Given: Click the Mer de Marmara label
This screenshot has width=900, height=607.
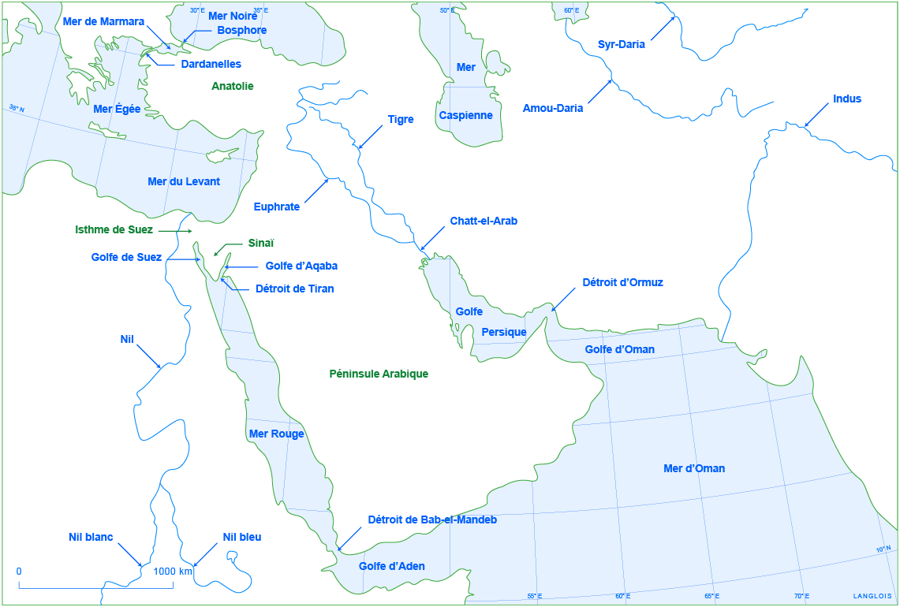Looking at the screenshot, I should click(x=103, y=21).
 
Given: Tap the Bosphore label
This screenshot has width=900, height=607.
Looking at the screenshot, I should click(x=241, y=30).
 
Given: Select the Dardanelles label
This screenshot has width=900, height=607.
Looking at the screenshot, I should click(x=211, y=64).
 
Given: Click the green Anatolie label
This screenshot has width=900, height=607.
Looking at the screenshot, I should click(x=233, y=86).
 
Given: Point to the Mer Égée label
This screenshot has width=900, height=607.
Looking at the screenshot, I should click(x=117, y=109).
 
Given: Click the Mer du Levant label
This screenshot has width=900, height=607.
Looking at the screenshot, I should click(x=184, y=181).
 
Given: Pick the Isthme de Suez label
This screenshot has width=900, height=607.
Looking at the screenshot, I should click(x=114, y=230).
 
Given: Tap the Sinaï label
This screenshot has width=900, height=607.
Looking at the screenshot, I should click(x=261, y=244).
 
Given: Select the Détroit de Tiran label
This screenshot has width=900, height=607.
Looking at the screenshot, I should click(x=294, y=289).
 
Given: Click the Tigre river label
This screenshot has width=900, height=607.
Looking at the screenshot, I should click(x=400, y=120).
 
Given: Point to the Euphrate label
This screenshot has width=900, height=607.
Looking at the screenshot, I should click(x=276, y=207).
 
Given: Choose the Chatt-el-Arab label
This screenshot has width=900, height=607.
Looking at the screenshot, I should click(x=484, y=221).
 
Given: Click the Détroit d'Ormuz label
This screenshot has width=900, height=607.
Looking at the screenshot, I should click(x=622, y=281).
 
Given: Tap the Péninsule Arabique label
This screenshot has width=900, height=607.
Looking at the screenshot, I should click(x=379, y=374).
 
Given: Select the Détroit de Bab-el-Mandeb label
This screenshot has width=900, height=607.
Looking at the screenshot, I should click(x=432, y=519).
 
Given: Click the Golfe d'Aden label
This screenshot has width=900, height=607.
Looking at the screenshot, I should click(x=391, y=566).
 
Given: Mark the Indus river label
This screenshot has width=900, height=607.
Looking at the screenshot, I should click(x=846, y=99).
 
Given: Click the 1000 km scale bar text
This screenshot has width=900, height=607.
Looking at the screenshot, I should click(x=172, y=571).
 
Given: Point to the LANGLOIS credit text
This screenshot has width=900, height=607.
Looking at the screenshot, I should click(x=872, y=596).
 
